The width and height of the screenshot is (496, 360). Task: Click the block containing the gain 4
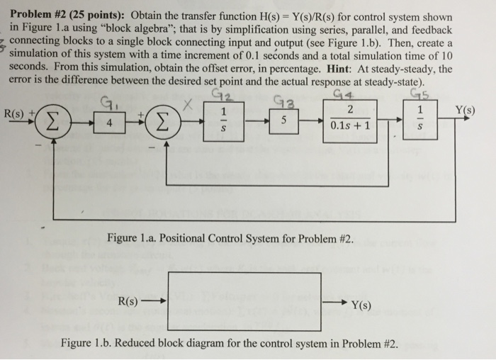[109, 123]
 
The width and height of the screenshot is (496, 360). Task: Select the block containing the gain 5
[283, 121]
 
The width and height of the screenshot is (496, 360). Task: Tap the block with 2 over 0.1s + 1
[350, 121]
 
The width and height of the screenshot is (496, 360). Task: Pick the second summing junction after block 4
[162, 123]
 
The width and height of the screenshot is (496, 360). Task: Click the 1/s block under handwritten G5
[420, 119]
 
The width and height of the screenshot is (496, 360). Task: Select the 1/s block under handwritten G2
[223, 121]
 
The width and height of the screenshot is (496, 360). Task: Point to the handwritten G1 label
[106, 103]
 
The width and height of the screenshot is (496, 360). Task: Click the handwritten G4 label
[343, 94]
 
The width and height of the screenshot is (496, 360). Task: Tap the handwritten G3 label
[286, 101]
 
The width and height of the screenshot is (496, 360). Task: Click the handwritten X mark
[188, 105]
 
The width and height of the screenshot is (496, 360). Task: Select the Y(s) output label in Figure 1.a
[465, 110]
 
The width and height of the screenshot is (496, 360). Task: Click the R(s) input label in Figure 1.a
[13, 113]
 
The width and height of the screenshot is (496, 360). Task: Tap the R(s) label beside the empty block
[128, 301]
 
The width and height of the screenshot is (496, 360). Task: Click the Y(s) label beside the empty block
[361, 305]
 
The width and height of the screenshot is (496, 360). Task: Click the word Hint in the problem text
[339, 69]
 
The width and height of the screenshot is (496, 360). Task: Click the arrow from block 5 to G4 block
[310, 121]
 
